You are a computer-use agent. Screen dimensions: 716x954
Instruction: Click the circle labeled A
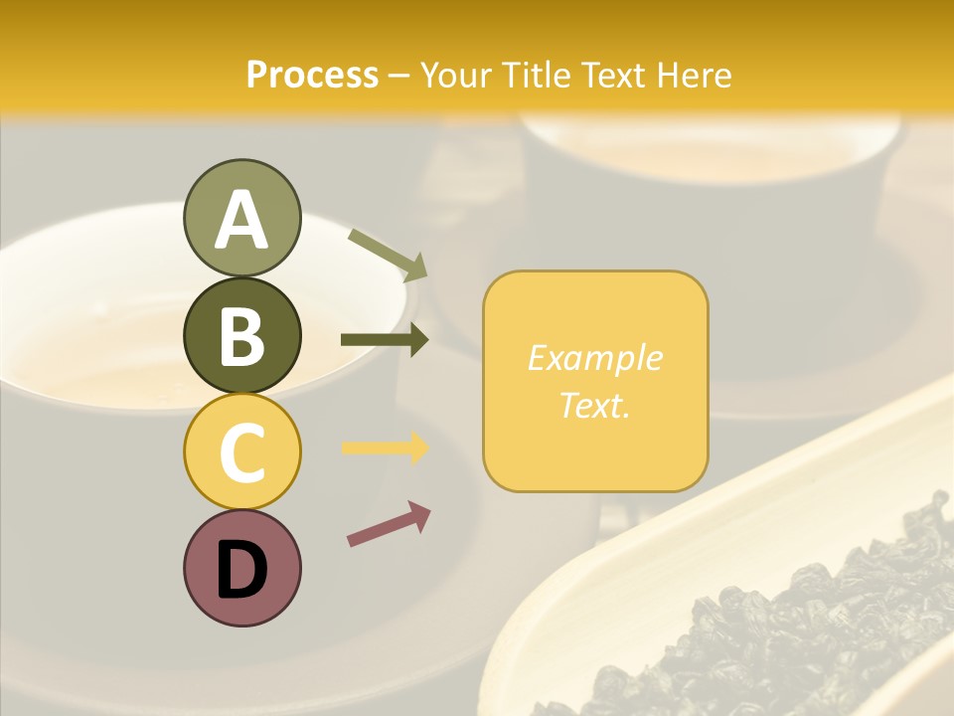tap(241, 219)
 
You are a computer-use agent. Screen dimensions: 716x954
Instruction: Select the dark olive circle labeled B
tap(241, 335)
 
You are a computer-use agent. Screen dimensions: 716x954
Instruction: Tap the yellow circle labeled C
tap(241, 451)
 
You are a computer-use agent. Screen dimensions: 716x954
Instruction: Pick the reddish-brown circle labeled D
tap(241, 568)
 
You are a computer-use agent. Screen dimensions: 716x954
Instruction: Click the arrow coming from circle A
tap(389, 255)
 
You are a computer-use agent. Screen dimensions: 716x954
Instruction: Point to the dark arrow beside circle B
tap(385, 340)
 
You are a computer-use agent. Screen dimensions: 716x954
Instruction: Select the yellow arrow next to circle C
tap(385, 447)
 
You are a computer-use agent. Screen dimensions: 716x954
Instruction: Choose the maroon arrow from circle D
tap(389, 525)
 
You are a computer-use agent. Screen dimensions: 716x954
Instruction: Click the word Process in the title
tap(312, 75)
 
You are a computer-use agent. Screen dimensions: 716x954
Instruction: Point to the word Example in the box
tap(594, 358)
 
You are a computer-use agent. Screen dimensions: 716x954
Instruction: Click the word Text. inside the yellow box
tap(594, 405)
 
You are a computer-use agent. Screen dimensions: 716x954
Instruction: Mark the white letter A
tap(241, 220)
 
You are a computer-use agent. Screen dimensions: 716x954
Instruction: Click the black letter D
tap(241, 570)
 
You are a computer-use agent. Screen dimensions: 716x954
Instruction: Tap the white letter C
tap(241, 452)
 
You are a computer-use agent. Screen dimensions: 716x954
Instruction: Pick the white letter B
tap(241, 336)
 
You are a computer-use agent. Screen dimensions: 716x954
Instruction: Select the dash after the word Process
tap(399, 76)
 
